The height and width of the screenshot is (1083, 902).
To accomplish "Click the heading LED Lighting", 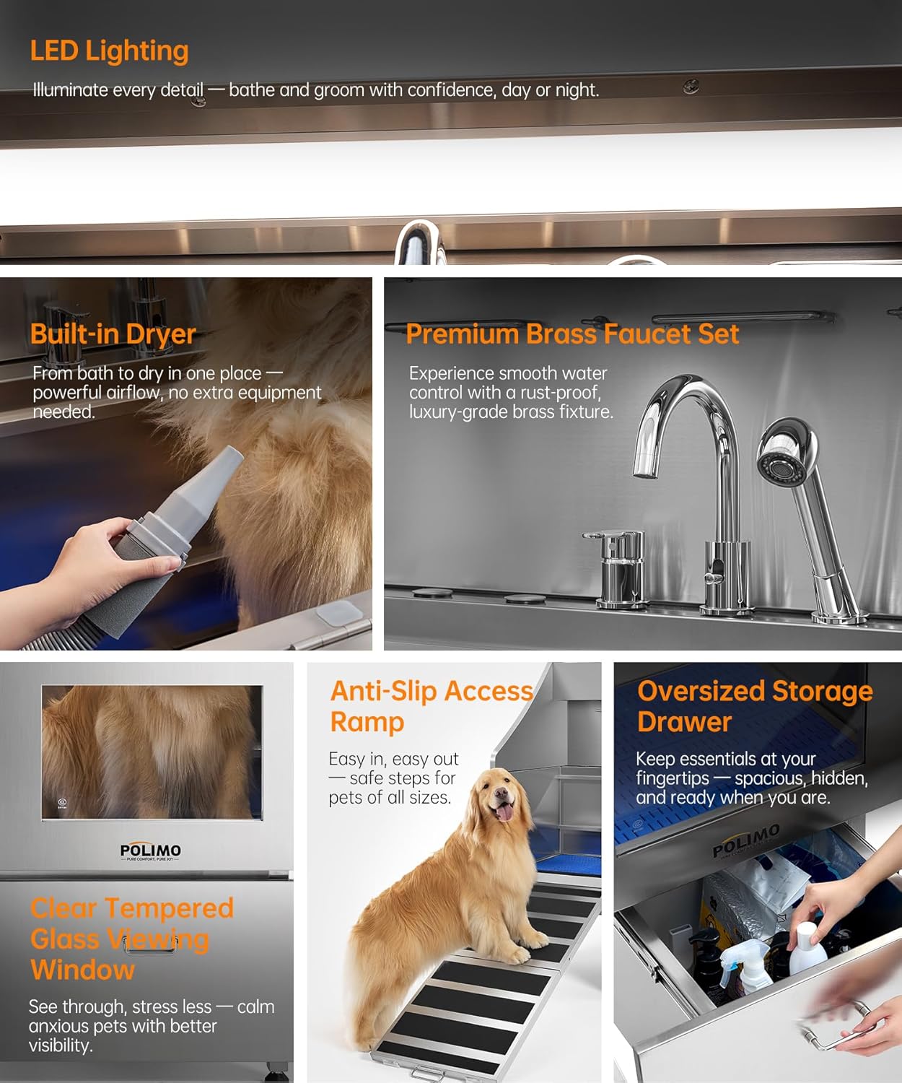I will click(x=109, y=51).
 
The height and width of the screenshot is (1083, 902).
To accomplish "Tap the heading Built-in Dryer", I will click(x=113, y=334).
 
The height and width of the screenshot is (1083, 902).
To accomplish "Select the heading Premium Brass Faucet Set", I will click(x=572, y=334).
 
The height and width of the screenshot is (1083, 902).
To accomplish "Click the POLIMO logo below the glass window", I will click(x=150, y=851).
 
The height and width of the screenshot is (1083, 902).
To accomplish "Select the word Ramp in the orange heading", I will click(x=367, y=722).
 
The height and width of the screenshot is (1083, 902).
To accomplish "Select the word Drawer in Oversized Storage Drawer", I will click(x=684, y=722).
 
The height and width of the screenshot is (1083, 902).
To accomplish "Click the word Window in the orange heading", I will click(x=82, y=970).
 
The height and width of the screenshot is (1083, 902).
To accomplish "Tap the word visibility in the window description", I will click(x=60, y=1045).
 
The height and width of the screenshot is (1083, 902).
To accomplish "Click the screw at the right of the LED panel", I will click(x=691, y=87).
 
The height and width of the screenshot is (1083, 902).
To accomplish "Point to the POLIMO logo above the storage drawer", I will click(x=746, y=841).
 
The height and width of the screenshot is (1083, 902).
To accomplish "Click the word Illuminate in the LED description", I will click(x=71, y=90).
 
